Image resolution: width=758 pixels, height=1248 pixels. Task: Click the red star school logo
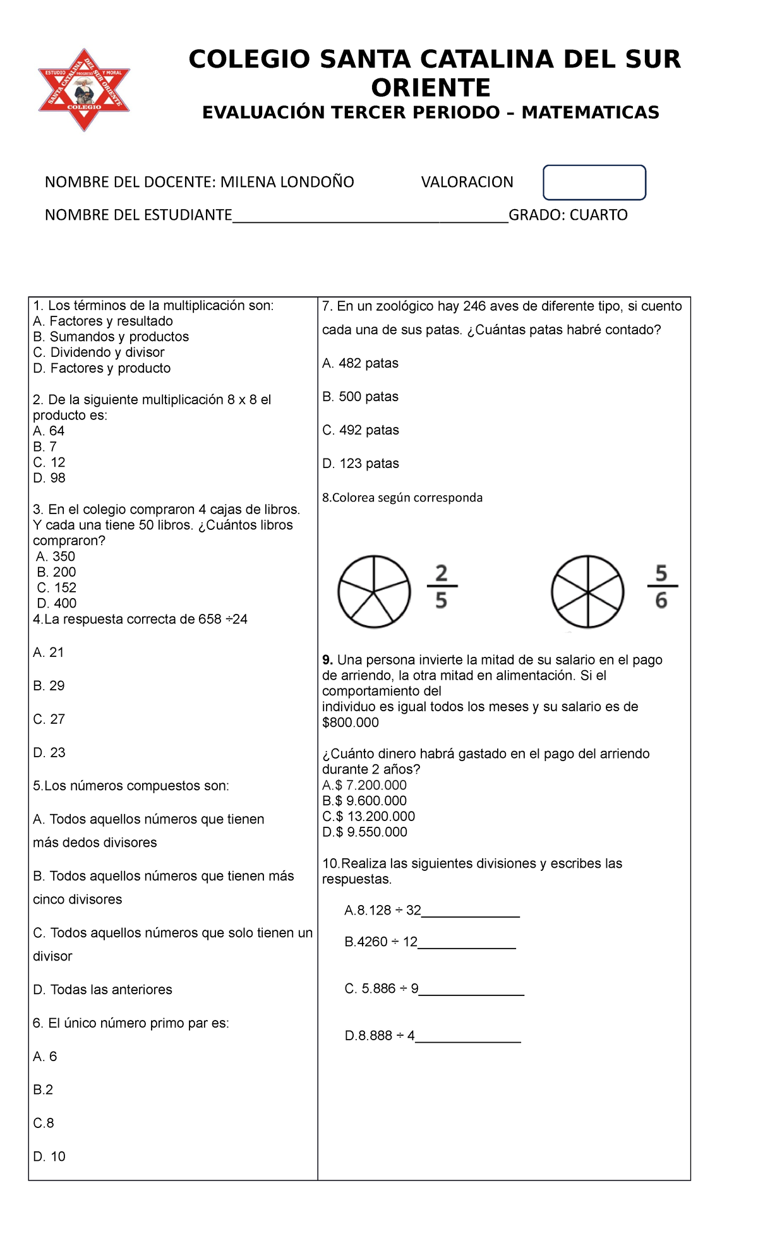click(x=84, y=90)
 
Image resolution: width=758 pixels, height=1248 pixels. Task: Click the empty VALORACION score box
click(x=594, y=183)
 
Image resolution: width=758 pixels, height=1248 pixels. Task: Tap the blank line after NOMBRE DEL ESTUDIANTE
click(x=370, y=216)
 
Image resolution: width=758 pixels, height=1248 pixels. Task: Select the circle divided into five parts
click(x=374, y=592)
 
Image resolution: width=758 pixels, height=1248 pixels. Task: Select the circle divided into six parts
click(x=587, y=592)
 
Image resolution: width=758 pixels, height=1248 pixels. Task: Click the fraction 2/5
click(x=441, y=587)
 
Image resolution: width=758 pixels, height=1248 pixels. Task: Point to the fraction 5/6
click(x=661, y=587)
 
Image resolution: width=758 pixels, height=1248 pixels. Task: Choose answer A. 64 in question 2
click(x=49, y=431)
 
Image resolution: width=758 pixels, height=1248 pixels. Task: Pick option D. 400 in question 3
click(x=57, y=603)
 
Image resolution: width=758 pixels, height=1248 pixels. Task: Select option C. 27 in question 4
click(x=49, y=719)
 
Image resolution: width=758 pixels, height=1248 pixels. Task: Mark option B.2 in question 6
click(x=43, y=1089)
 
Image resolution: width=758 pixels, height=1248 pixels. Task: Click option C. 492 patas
click(x=360, y=430)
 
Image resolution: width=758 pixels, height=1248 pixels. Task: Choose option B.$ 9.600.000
click(x=364, y=801)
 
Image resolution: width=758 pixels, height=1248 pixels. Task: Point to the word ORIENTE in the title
click(x=431, y=87)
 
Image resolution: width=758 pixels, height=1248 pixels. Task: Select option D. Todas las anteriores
click(x=102, y=990)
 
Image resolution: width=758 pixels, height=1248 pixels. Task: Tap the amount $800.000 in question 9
click(x=351, y=723)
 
